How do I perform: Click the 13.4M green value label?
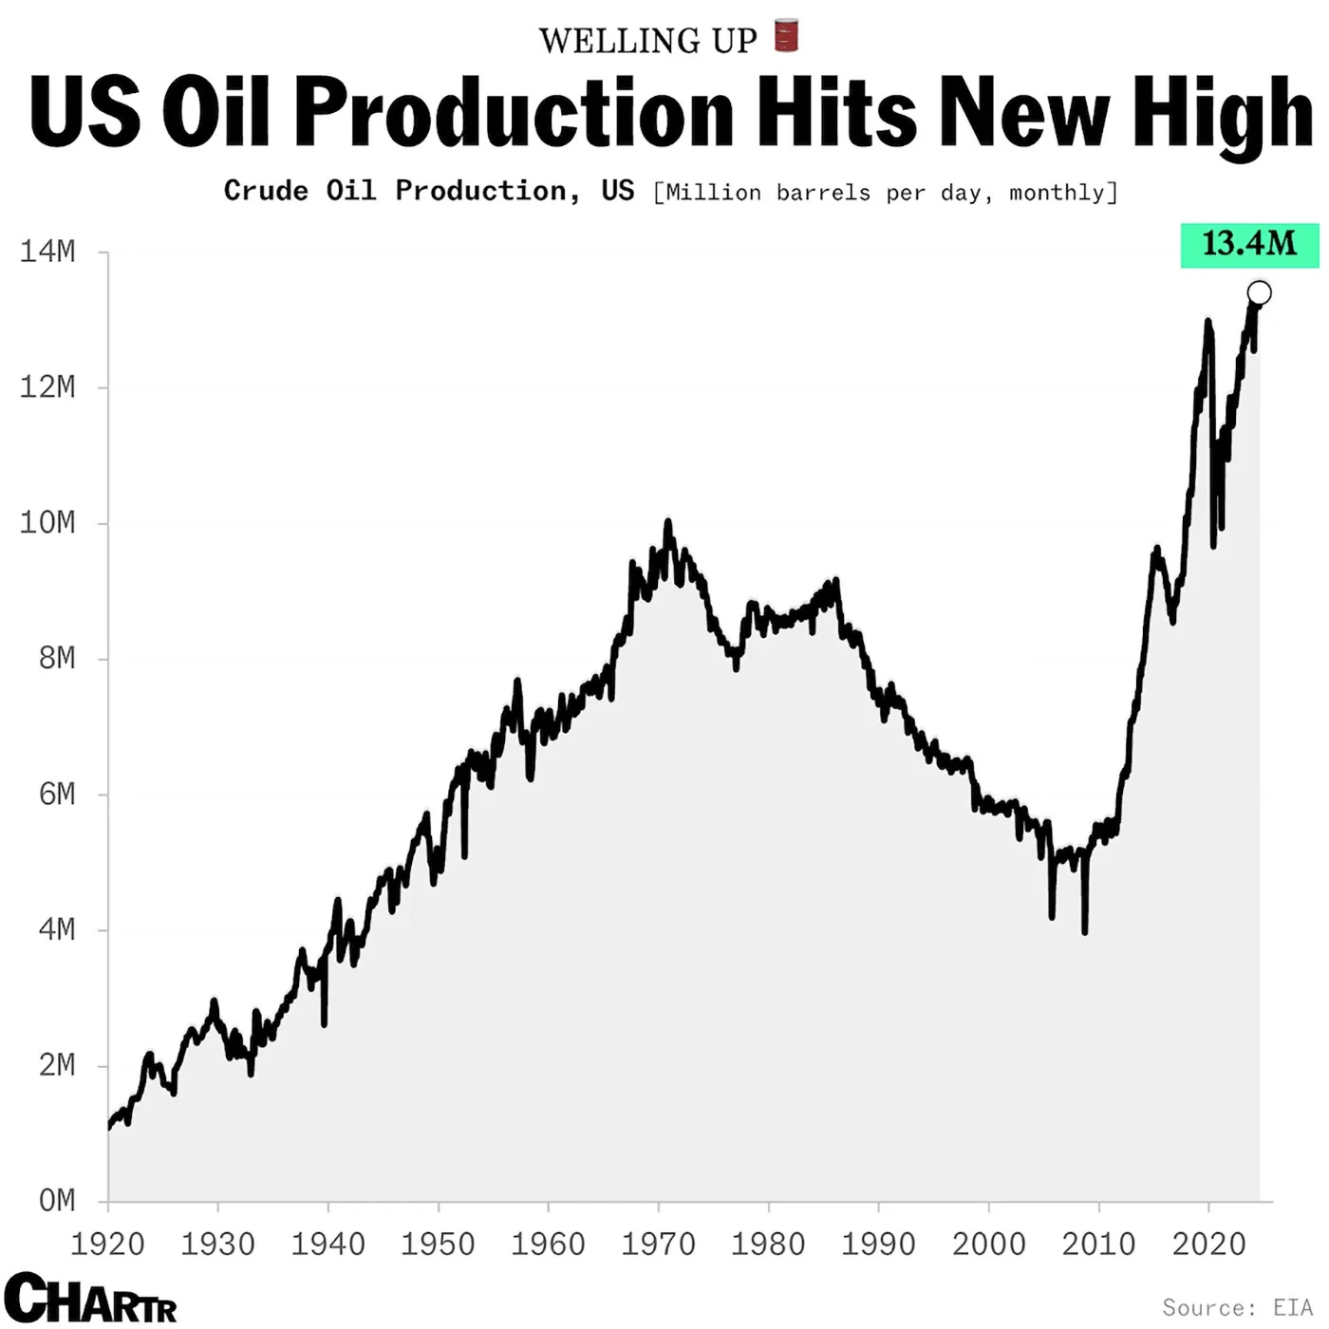tap(1249, 244)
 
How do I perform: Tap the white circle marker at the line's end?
tap(1260, 292)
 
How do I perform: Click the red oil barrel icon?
tap(786, 35)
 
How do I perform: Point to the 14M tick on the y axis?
tap(47, 253)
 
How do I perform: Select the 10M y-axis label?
tap(47, 523)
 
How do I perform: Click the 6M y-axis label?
tap(57, 795)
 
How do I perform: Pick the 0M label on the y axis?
tap(57, 1201)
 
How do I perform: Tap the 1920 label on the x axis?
tap(108, 1244)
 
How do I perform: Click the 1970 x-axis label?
tap(658, 1244)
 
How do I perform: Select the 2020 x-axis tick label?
tap(1208, 1244)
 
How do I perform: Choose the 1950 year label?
tap(438, 1244)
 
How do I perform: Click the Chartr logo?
tap(90, 1298)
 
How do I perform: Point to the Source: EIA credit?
tap(1238, 1307)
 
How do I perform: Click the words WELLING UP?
tap(648, 41)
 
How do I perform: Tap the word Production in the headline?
tap(514, 112)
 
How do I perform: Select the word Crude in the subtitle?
tap(266, 191)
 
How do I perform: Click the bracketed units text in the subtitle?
tap(886, 193)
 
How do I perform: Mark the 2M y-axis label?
tap(57, 1065)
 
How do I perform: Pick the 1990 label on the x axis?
tap(878, 1244)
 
